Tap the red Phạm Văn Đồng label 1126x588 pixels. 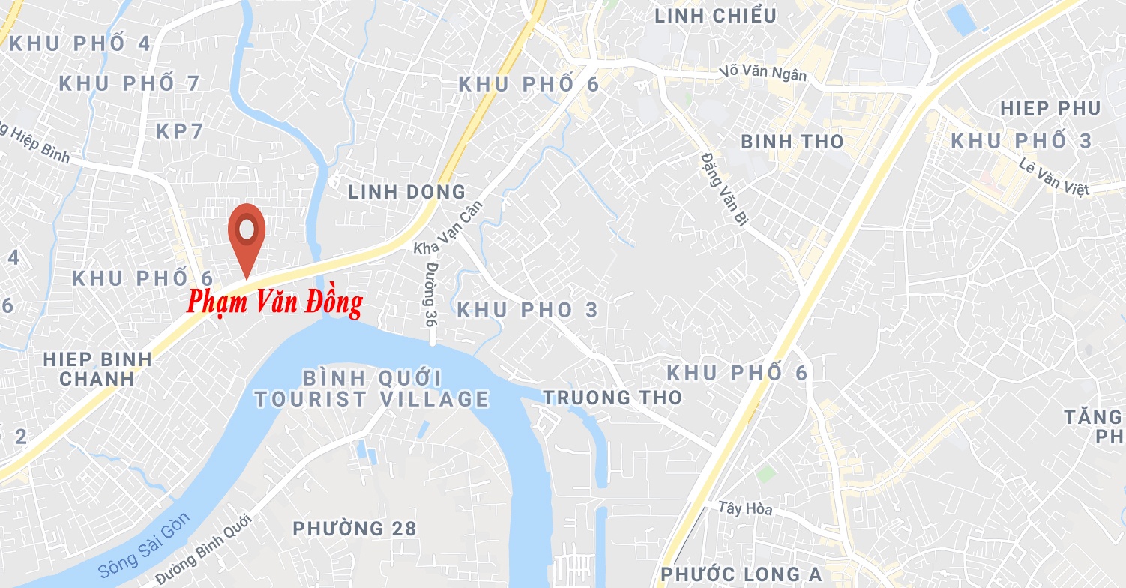click(x=274, y=302)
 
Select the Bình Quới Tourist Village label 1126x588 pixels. click(x=372, y=388)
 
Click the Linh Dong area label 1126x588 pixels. click(x=406, y=192)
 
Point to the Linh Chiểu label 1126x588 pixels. click(x=715, y=16)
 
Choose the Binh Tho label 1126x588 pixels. click(x=792, y=142)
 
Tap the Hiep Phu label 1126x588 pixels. click(x=1050, y=108)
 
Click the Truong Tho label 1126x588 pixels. click(x=612, y=397)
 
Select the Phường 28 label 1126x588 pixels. click(x=354, y=529)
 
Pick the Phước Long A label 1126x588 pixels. click(x=741, y=574)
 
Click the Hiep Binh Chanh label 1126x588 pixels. click(x=97, y=368)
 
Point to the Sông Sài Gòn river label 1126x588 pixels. click(x=145, y=545)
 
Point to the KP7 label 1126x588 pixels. click(x=180, y=131)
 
